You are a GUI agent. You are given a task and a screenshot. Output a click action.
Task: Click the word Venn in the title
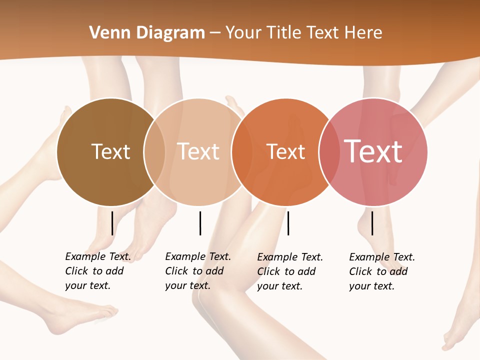(106, 33)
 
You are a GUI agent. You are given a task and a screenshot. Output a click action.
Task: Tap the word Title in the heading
(285, 33)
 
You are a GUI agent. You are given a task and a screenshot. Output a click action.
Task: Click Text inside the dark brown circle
(110, 151)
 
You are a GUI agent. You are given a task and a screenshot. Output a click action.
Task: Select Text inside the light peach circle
(198, 151)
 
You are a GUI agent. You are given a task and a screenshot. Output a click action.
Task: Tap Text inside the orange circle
(285, 151)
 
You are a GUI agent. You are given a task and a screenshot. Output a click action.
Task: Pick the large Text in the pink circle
(373, 151)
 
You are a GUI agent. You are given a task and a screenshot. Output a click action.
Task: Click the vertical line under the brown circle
(112, 223)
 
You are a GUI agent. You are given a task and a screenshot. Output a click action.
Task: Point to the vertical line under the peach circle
(200, 223)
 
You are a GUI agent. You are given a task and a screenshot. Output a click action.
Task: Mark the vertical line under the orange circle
(288, 223)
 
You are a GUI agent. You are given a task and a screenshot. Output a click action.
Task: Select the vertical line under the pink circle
(372, 223)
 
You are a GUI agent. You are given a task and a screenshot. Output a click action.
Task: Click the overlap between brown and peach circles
(155, 151)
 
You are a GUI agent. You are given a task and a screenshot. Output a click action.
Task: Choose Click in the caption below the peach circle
(176, 271)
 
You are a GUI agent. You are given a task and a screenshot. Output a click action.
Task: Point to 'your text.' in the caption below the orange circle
(279, 286)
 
